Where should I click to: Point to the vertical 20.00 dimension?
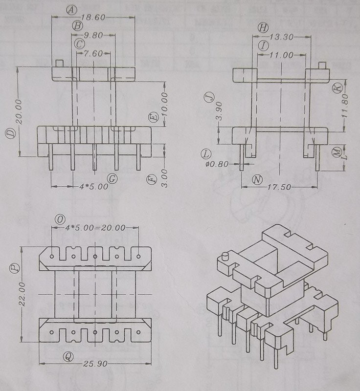[x=18, y=110]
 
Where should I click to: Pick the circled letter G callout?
[x=112, y=179]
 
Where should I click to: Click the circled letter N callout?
[x=257, y=180]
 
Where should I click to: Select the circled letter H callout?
[x=263, y=27]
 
